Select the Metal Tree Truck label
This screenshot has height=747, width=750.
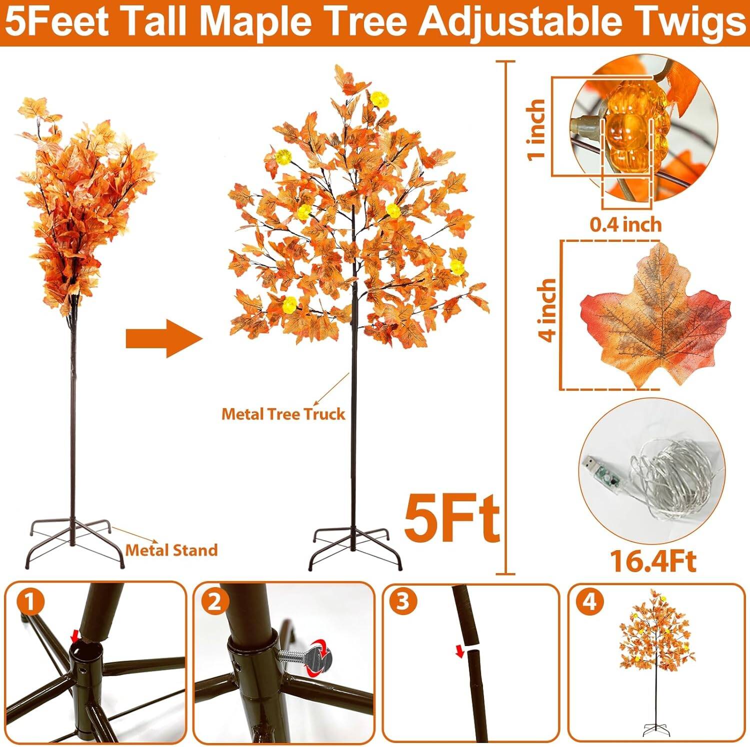point(283,414)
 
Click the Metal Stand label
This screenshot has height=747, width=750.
point(171,550)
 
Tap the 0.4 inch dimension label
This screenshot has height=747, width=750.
point(625,225)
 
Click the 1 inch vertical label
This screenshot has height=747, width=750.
point(536,129)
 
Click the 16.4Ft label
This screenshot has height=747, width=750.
point(653,562)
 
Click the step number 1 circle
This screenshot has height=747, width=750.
point(30,603)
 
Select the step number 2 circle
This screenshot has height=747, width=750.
point(214,603)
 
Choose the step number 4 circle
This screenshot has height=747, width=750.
point(590,603)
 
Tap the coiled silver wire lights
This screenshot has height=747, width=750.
point(675,480)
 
